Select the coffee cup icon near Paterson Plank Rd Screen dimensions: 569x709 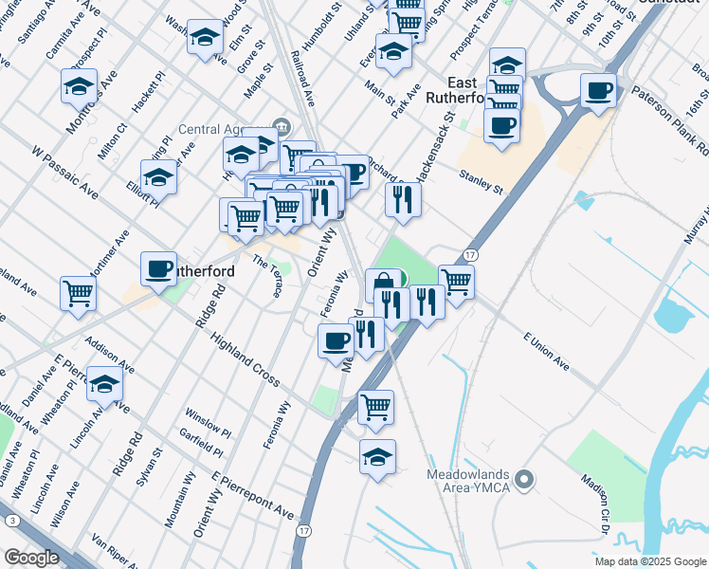(x=597, y=91)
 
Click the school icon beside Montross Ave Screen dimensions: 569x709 (x=79, y=87)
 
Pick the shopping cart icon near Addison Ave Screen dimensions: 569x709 (x=78, y=291)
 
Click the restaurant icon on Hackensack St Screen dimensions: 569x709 (x=403, y=199)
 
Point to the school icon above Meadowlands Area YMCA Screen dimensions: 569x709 (x=377, y=457)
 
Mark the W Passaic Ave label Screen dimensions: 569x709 (x=64, y=172)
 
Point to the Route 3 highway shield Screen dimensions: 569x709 (x=10, y=521)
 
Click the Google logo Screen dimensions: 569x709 (x=30, y=559)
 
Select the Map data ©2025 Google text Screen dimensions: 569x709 (x=650, y=561)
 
